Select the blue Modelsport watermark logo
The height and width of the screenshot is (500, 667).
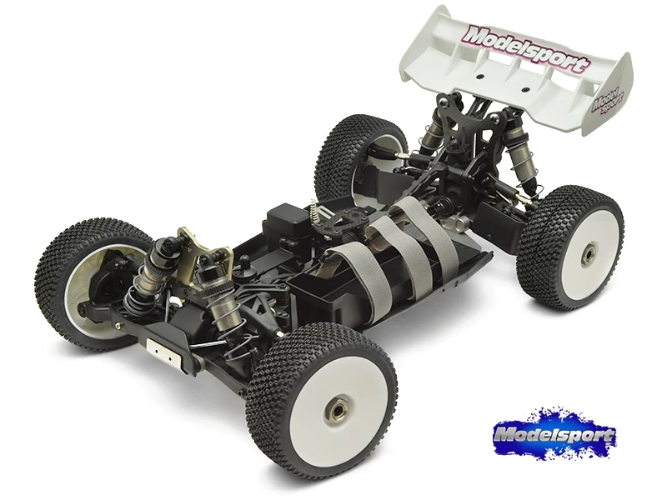coord(553,436)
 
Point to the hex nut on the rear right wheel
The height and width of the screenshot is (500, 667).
coord(589,247)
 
